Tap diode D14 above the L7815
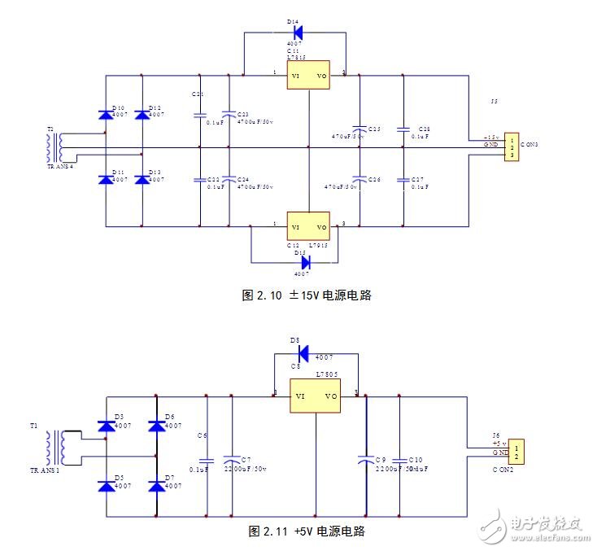297,33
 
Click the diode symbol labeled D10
105,116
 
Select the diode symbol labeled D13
142,179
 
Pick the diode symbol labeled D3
106,426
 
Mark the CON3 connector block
512,147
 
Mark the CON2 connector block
519,452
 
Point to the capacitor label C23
244,113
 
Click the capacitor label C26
374,179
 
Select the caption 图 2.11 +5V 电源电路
307,531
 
